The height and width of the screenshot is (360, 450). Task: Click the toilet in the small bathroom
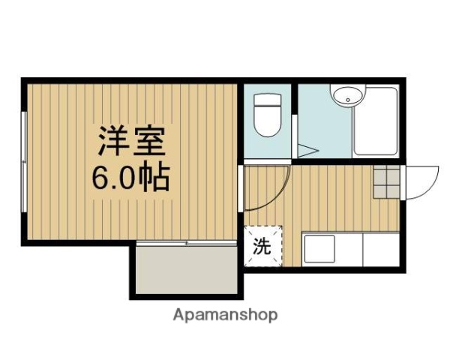[265, 116]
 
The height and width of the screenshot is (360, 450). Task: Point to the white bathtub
[376, 121]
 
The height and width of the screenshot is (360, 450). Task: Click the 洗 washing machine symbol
[261, 247]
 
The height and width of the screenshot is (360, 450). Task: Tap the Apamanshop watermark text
[225, 315]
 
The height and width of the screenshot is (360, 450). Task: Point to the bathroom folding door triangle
[305, 151]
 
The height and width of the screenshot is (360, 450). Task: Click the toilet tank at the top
[265, 100]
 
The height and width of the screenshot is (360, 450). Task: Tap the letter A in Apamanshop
[178, 314]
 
